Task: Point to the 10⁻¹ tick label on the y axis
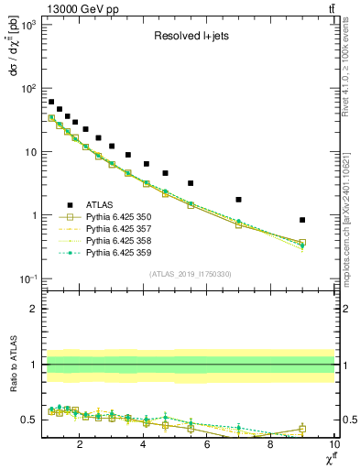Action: [26, 278]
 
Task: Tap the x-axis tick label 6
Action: [207, 444]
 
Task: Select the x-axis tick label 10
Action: [333, 444]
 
